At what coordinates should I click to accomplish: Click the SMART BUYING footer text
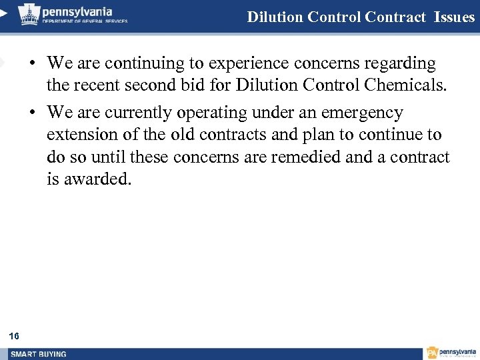pyautogui.click(x=38, y=354)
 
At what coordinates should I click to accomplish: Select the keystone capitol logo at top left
pyautogui.click(x=28, y=13)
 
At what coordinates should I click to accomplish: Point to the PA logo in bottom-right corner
pyautogui.click(x=433, y=353)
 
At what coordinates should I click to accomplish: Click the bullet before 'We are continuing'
pyautogui.click(x=31, y=65)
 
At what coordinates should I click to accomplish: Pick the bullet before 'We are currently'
pyautogui.click(x=31, y=113)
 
